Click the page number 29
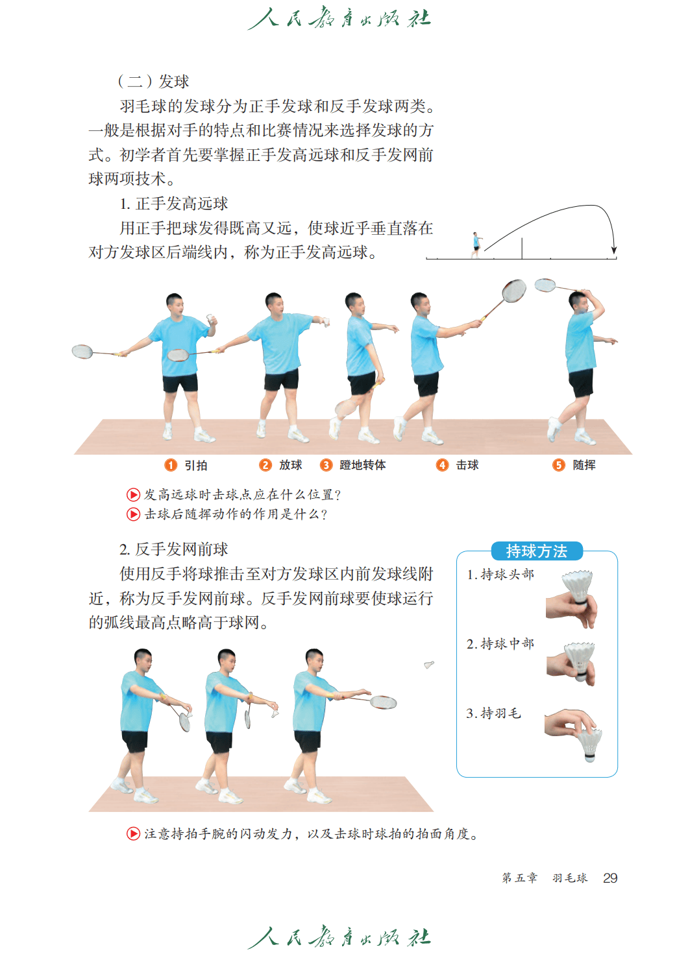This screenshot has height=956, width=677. (610, 878)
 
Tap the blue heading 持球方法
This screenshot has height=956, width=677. (537, 551)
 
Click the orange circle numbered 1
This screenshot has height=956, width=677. (171, 465)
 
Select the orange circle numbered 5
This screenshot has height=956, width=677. (558, 465)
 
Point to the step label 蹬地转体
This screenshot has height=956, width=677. (363, 465)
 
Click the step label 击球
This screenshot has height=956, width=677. (467, 465)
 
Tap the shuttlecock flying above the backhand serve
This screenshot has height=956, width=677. (429, 665)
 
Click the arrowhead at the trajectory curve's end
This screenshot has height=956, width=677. (614, 250)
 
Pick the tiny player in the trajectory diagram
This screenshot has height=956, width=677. (476, 245)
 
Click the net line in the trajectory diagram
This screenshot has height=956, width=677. (521, 248)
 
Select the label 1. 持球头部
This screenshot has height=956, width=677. (500, 575)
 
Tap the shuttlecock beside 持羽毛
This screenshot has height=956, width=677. (589, 745)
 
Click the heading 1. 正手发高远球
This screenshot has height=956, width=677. (174, 204)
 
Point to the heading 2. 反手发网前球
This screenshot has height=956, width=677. (174, 549)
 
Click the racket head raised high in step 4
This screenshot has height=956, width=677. (514, 291)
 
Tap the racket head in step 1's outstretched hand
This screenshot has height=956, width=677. (82, 352)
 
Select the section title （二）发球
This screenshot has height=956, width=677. (153, 81)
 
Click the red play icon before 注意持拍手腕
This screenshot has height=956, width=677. (133, 833)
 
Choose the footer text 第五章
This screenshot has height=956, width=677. (519, 878)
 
